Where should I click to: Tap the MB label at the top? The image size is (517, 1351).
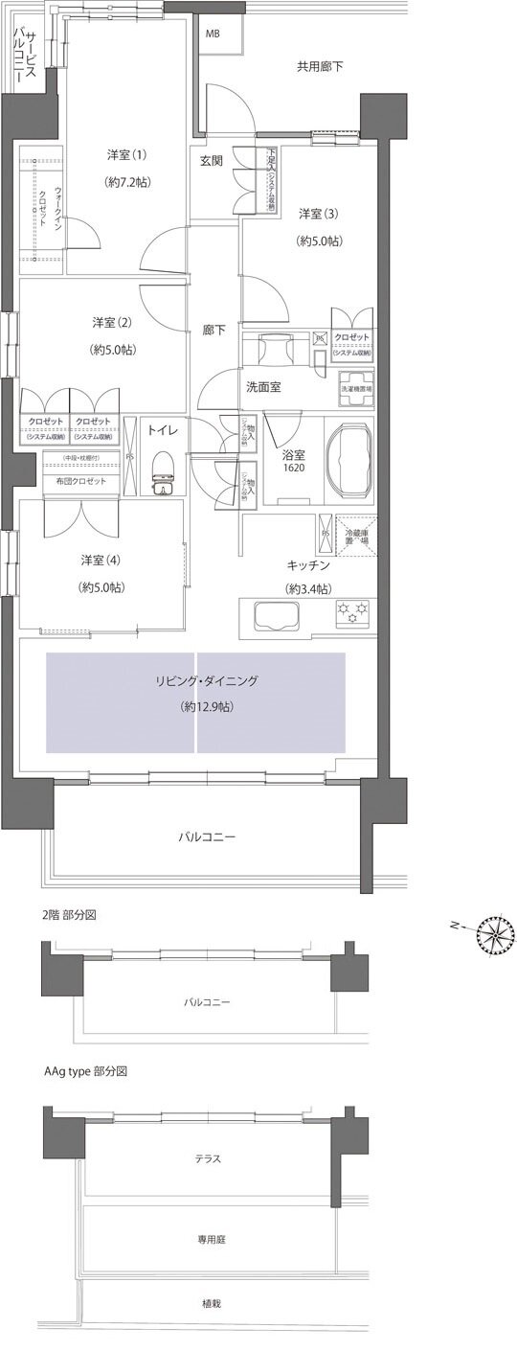[x=212, y=33]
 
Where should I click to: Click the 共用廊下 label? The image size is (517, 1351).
[x=320, y=66]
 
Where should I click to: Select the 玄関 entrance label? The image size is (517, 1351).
[x=212, y=160]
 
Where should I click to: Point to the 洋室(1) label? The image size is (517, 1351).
[x=125, y=154]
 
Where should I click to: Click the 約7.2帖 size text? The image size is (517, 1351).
[x=125, y=181]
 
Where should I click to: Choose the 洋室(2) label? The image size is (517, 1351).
[x=113, y=321]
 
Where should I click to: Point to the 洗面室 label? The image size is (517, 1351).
[x=265, y=388]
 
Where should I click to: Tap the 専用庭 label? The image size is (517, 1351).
[x=207, y=1238]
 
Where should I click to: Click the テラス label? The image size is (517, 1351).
[x=207, y=1158]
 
